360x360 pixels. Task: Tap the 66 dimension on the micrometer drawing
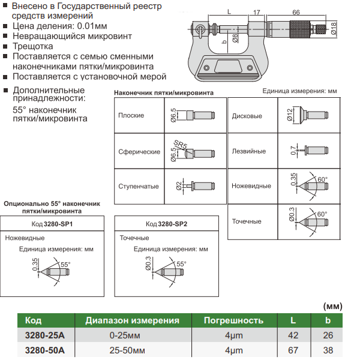296,11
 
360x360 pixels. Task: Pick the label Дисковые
247,116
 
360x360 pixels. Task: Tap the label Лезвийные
248,151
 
